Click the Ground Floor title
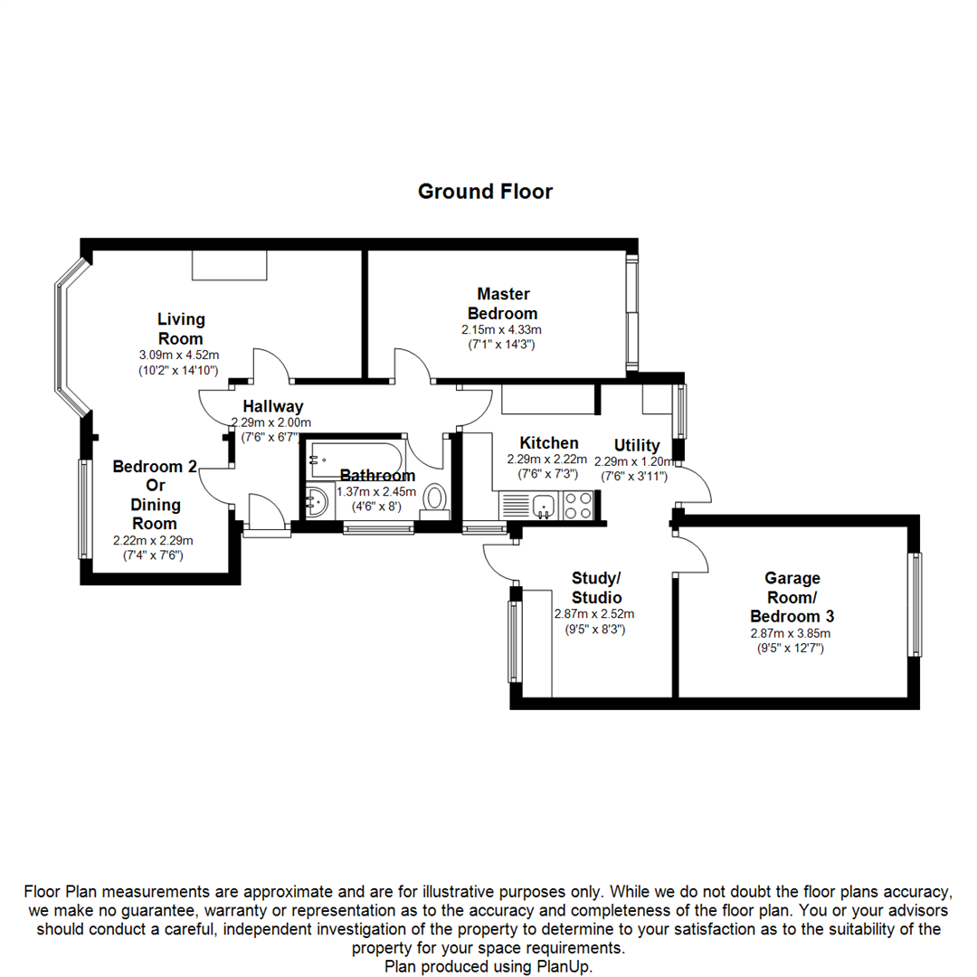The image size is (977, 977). (x=485, y=192)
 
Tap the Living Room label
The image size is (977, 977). (x=181, y=327)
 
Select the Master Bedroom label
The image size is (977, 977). (x=503, y=303)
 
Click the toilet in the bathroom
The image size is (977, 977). (x=435, y=498)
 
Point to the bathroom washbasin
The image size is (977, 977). (x=316, y=502)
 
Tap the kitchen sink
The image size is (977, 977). (x=544, y=505)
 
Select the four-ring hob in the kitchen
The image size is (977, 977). (x=577, y=505)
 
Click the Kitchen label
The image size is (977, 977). (x=548, y=443)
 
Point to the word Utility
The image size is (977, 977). (x=637, y=445)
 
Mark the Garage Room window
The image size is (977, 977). (x=917, y=604)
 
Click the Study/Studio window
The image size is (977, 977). (x=515, y=641)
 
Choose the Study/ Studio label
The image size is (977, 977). (x=596, y=588)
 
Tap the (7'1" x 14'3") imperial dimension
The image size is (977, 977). (x=503, y=345)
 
